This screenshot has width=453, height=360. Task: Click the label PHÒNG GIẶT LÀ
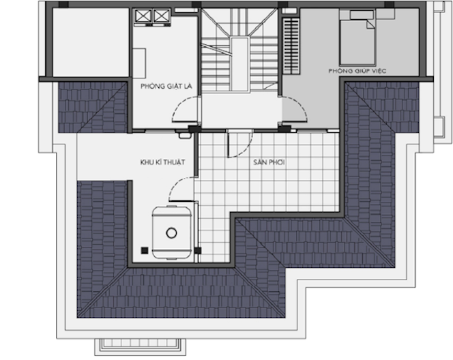point(166,86)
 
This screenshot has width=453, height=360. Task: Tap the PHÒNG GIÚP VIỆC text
point(357,71)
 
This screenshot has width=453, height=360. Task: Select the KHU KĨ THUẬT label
point(162,162)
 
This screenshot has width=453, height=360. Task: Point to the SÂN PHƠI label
point(269,162)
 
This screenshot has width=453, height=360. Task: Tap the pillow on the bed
point(362,15)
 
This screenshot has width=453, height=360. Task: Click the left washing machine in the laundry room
point(143,16)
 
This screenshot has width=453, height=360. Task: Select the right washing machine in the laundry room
point(161,16)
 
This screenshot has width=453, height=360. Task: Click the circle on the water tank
point(171,232)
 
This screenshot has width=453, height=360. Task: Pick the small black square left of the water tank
point(145,250)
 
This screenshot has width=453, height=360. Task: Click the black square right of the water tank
point(198,250)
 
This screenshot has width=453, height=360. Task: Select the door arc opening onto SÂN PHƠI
point(244,150)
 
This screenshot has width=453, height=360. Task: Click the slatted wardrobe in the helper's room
point(291,46)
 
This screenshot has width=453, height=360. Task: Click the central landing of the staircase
point(240,64)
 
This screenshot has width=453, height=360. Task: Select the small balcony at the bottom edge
point(140,346)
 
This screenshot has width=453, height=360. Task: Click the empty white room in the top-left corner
point(91,42)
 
